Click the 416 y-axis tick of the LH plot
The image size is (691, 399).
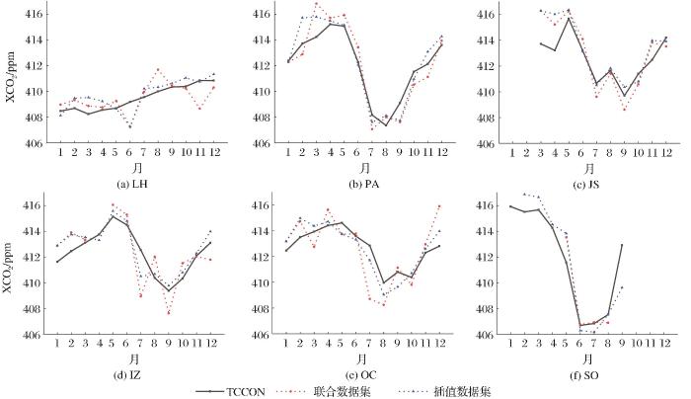click(x=36, y=15)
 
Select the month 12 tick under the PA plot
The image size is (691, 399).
click(x=440, y=155)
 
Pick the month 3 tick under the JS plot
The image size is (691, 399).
click(x=540, y=155)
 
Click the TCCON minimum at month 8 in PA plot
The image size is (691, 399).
click(x=386, y=125)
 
